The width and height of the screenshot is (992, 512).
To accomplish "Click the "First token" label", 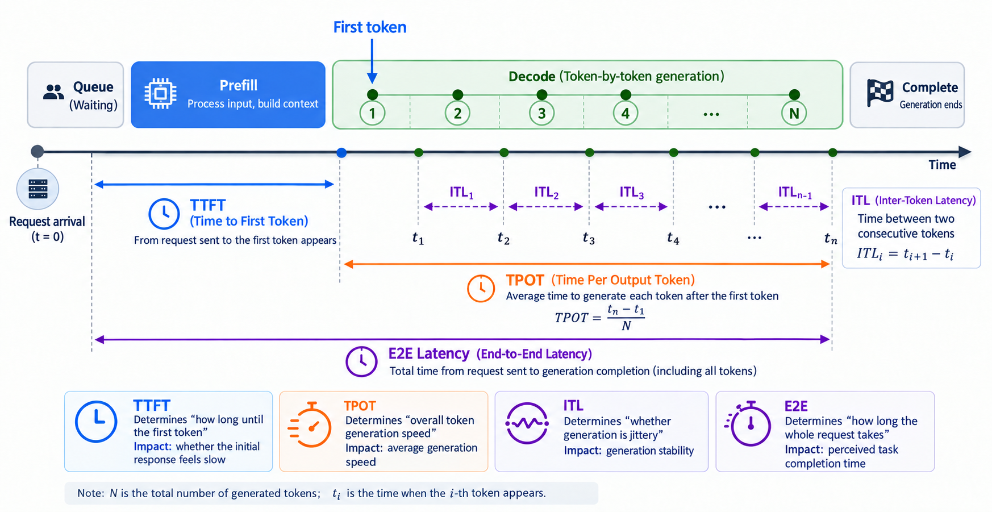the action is tap(370, 27).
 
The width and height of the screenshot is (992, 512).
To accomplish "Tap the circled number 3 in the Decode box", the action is tap(541, 113).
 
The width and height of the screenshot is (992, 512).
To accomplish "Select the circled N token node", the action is tap(794, 113).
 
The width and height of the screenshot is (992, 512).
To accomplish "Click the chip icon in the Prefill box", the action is tap(160, 93).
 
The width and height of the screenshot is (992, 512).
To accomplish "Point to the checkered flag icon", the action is tap(880, 93).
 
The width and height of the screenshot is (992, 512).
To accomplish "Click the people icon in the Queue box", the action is tap(54, 92).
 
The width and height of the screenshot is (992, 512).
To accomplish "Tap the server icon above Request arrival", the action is tap(37, 189).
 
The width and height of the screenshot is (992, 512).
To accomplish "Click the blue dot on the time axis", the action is tap(341, 152).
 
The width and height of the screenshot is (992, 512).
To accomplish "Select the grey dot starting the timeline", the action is tap(37, 151).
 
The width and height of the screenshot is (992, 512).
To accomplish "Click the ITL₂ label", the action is tap(546, 193).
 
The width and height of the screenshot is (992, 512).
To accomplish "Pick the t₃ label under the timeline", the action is tap(589, 238).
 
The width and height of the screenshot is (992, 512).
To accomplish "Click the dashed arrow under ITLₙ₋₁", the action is tap(794, 207).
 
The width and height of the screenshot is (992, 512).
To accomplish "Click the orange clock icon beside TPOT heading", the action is tap(481, 289).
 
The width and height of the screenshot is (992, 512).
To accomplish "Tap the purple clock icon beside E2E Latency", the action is tap(361, 361).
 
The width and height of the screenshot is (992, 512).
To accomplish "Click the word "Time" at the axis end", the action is tap(942, 165).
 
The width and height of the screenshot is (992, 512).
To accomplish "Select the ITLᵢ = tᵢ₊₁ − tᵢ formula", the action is tap(905, 253).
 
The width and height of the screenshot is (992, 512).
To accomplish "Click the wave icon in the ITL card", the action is tap(527, 423).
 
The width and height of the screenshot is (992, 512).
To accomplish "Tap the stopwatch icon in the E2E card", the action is tap(748, 423).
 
